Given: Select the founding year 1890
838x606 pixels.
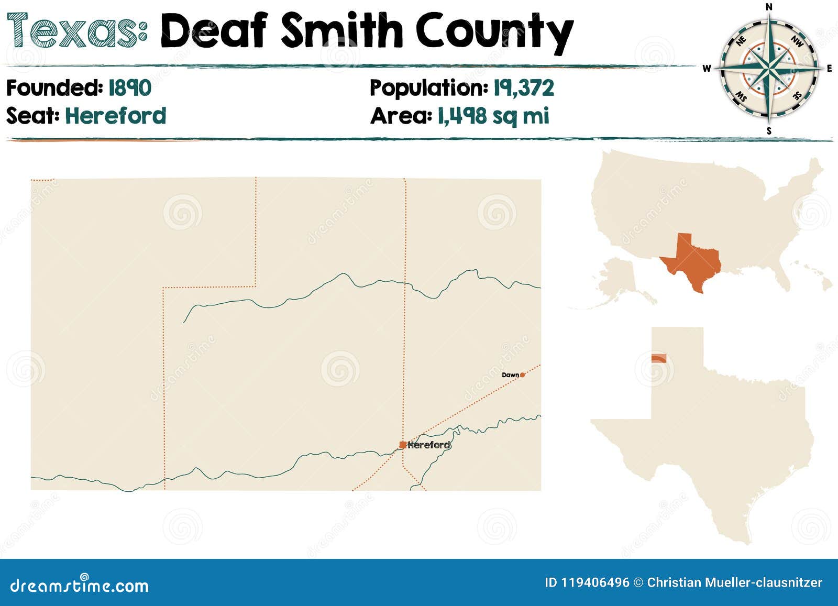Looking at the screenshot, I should click(130, 87).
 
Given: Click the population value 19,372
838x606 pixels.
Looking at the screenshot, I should click(523, 87).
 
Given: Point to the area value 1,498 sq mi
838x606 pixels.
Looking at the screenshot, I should click(493, 116).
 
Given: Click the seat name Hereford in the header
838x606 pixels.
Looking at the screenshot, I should click(115, 116).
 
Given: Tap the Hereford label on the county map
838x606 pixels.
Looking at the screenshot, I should click(428, 445).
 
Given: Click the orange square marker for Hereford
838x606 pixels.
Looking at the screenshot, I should click(402, 445).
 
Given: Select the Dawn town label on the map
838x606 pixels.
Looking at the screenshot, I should click(510, 375).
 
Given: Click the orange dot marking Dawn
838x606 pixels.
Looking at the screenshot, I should click(522, 375).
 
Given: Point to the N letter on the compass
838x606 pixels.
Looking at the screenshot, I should click(769, 7).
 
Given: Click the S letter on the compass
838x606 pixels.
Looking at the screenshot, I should click(769, 131).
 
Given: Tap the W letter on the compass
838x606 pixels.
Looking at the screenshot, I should click(707, 69).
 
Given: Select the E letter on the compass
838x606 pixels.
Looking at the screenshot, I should click(829, 69).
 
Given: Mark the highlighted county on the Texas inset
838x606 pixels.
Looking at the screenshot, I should click(658, 358).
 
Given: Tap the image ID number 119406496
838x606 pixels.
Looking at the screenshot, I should click(596, 582).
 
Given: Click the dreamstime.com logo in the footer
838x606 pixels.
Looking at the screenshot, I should click(80, 585).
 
